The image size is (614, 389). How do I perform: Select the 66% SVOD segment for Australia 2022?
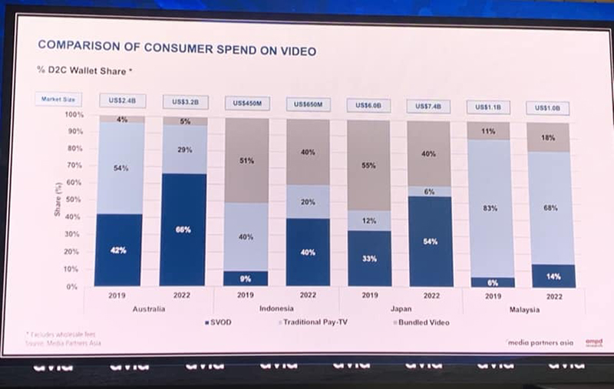(x=184, y=230)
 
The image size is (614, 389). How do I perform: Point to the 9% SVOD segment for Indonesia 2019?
(x=246, y=278)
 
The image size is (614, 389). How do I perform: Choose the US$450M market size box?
(x=245, y=103)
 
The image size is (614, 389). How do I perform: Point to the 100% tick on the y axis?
(x=74, y=115)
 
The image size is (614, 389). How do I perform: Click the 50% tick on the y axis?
(x=76, y=200)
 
